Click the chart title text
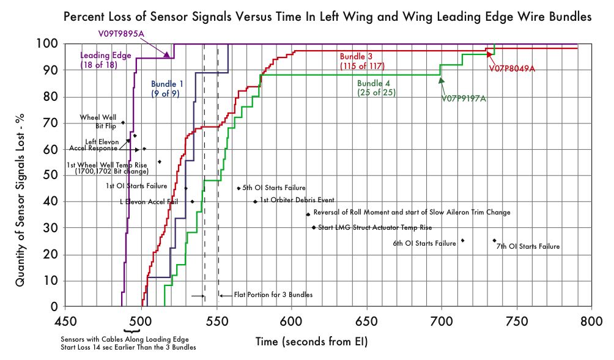point(328,18)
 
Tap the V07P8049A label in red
point(512,68)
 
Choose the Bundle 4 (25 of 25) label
point(376,87)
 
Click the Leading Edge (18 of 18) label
point(106,60)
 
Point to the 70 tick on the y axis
point(51,123)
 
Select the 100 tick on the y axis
point(48,45)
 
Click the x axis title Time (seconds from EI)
point(311,342)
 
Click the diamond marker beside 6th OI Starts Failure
point(462,241)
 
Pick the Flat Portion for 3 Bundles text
point(273,295)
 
